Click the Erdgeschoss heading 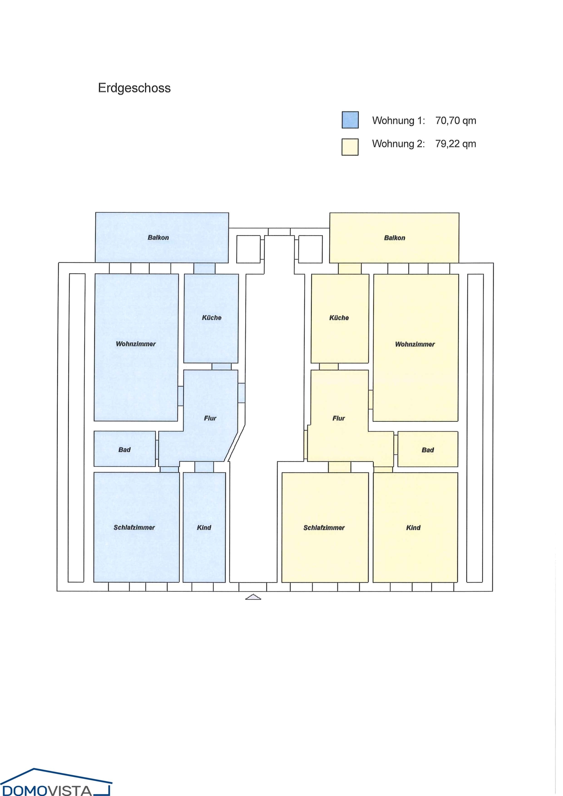(134, 88)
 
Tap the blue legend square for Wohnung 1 (350, 120)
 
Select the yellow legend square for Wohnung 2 (350, 147)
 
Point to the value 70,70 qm (455, 121)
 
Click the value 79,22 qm (455, 144)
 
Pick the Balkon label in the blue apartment (158, 238)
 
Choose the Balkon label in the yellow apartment (394, 238)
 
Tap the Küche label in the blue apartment (212, 317)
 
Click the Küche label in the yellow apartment (339, 317)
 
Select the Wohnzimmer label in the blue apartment (136, 344)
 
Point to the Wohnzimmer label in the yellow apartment (415, 344)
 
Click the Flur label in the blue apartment (210, 418)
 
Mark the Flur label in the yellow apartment (338, 418)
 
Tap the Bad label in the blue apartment (124, 450)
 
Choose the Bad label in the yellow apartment (428, 450)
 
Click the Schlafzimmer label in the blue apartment (134, 527)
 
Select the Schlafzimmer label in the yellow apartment (324, 528)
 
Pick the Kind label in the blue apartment (204, 527)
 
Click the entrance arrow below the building (253, 597)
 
